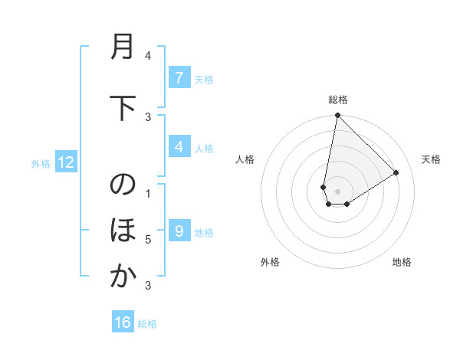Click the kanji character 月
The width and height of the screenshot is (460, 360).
click(x=122, y=47)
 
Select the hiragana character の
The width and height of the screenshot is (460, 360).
click(x=122, y=186)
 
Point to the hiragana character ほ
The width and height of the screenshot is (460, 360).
click(x=122, y=231)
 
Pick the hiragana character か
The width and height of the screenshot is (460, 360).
click(x=122, y=277)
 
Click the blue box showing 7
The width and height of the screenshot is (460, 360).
click(x=179, y=78)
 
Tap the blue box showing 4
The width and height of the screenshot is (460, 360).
click(x=179, y=147)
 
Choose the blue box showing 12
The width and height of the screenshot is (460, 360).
click(x=66, y=162)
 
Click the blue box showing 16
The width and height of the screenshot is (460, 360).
click(x=123, y=322)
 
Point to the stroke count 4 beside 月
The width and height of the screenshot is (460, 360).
click(x=148, y=56)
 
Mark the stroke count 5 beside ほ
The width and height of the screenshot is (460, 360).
click(x=148, y=240)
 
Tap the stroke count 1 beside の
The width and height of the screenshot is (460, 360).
click(x=148, y=193)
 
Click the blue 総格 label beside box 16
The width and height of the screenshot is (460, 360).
click(x=147, y=324)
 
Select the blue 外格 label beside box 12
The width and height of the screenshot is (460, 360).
click(x=41, y=163)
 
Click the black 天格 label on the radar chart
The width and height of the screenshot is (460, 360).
click(x=431, y=159)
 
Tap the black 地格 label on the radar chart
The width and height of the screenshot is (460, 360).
click(x=402, y=262)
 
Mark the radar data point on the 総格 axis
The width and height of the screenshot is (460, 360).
click(x=337, y=116)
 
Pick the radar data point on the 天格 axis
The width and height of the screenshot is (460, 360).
click(x=396, y=173)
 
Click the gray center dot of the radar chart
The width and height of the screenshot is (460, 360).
click(x=337, y=191)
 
